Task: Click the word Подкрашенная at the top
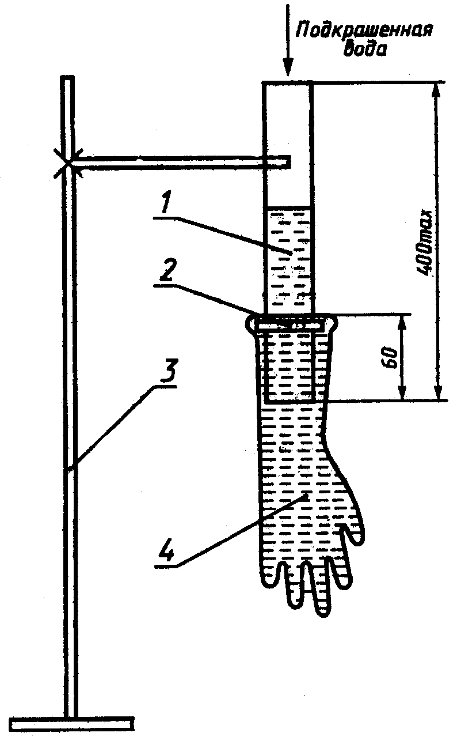coord(364,30)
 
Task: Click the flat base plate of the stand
coord(72,722)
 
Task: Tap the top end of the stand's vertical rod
coord(68,80)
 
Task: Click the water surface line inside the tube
coord(288,207)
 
